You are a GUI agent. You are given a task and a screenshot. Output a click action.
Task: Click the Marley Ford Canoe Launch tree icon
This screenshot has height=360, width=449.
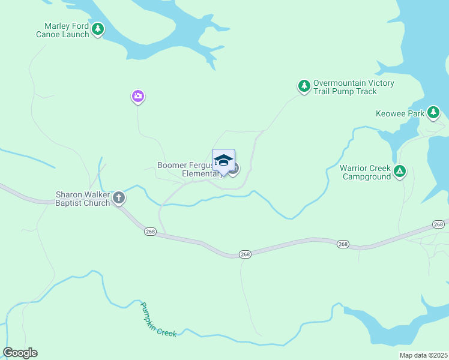[97, 28]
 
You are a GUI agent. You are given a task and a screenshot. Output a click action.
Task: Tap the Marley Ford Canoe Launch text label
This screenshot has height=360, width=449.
[67, 30]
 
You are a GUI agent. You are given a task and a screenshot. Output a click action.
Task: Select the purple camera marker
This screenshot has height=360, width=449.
[138, 96]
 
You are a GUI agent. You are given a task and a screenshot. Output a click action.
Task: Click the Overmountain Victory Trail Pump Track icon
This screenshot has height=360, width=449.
[304, 86]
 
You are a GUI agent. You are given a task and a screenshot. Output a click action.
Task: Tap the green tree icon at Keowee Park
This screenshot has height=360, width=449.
[433, 112]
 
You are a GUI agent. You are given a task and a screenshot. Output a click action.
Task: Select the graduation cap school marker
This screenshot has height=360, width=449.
[223, 160]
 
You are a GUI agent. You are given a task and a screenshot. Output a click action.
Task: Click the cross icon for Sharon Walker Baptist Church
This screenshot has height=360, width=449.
[119, 197]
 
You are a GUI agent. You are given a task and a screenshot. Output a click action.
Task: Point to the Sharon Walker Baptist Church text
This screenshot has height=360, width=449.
[83, 199]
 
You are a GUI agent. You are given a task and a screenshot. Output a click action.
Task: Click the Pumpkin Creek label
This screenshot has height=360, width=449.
[158, 319]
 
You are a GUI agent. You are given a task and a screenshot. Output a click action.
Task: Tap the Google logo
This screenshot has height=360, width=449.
[20, 353]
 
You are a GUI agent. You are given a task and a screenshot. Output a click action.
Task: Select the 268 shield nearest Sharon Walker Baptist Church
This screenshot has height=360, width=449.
[150, 232]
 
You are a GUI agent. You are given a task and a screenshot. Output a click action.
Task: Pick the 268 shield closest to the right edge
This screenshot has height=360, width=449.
[439, 224]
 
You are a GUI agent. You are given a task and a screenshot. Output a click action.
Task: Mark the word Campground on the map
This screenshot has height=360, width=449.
[366, 176]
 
